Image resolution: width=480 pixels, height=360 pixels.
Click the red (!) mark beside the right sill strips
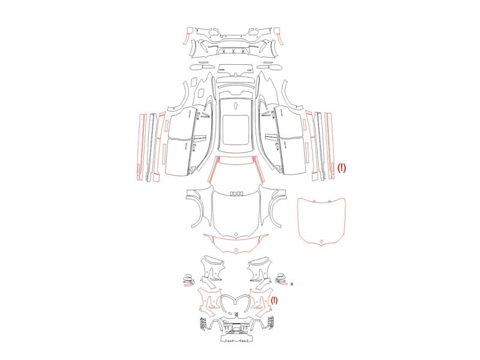click(341, 168)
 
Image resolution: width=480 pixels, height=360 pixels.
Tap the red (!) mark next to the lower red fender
click(274, 301)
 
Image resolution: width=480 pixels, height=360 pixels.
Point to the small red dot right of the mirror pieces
click(292, 284)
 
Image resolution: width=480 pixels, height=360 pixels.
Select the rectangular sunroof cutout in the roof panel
click(235, 130)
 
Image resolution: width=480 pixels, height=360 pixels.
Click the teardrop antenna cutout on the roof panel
click(236, 106)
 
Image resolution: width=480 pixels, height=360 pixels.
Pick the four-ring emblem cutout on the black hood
click(236, 194)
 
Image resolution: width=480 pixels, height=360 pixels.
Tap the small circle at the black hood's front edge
click(236, 235)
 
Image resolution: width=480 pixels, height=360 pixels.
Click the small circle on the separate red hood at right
click(322, 242)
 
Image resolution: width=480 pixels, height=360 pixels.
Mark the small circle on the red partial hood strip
click(236, 250)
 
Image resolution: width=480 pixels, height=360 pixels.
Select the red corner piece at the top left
click(187, 35)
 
